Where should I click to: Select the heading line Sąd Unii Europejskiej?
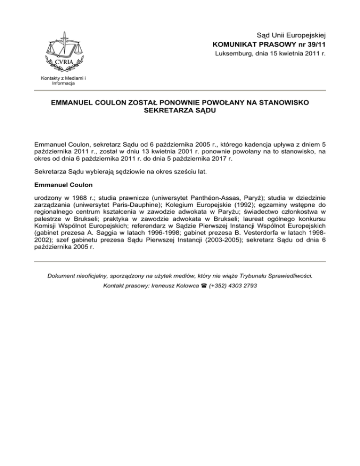click(x=291, y=35)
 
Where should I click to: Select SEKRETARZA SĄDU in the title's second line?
click(x=180, y=112)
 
